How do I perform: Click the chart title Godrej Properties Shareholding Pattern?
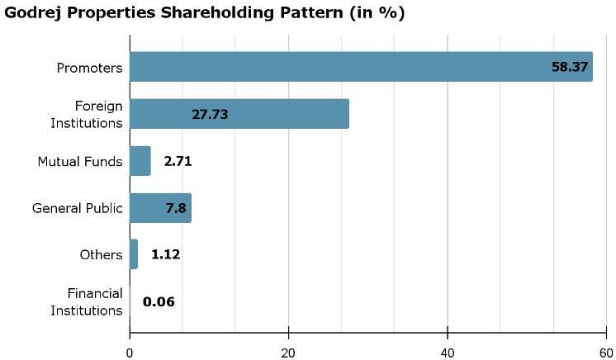(x=205, y=13)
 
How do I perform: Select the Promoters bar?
(x=361, y=67)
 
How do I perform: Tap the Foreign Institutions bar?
(x=239, y=114)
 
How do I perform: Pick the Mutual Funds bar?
(x=140, y=161)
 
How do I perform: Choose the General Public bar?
(x=160, y=208)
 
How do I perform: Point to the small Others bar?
(x=134, y=254)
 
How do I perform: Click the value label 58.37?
(x=570, y=67)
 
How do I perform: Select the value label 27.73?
(x=210, y=114)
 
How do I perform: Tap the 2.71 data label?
(x=178, y=161)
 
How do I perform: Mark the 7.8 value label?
(x=175, y=208)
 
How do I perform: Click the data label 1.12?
(x=165, y=254)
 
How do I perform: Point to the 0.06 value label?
(x=159, y=301)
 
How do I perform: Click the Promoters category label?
(x=89, y=68)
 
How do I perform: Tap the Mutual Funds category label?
(x=80, y=161)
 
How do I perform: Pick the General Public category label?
(x=77, y=208)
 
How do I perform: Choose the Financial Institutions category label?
(x=87, y=301)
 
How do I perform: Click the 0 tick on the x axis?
(x=130, y=350)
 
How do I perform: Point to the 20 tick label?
(x=289, y=350)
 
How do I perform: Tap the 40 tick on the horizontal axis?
(x=448, y=350)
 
